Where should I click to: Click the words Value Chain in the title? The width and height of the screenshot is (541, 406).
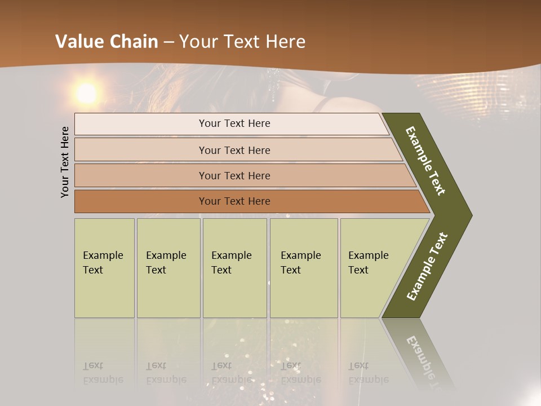(107, 42)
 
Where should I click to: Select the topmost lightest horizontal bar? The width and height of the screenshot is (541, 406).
(231, 123)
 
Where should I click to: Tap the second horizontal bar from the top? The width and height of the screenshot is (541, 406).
(234, 150)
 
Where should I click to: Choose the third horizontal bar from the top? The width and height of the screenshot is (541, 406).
(237, 175)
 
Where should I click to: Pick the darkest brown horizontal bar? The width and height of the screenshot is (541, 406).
(242, 201)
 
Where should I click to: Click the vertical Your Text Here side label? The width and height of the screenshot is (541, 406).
(65, 162)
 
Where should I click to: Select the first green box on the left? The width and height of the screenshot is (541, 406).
(104, 268)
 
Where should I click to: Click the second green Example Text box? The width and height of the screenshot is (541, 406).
(168, 268)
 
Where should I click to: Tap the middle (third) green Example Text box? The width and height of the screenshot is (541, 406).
(234, 268)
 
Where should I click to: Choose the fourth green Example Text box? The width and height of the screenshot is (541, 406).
(304, 268)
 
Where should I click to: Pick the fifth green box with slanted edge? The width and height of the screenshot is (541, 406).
(372, 268)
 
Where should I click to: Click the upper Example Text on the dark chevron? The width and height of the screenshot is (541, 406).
(425, 161)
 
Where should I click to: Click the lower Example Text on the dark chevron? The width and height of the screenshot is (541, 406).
(427, 267)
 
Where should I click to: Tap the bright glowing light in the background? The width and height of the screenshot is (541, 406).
(87, 93)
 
